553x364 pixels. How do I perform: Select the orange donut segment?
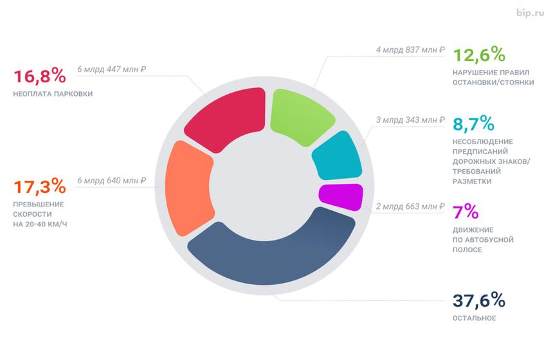click(x=188, y=188)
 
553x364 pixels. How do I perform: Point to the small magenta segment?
click(x=341, y=197)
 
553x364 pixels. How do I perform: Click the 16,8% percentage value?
click(x=39, y=76)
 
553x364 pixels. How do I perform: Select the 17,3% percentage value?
click(x=39, y=187)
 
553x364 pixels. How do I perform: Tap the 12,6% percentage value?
click(x=480, y=55)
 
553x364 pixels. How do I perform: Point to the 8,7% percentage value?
click(x=475, y=123)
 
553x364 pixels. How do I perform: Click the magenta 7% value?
click(x=466, y=212)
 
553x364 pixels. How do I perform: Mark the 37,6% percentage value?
click(x=480, y=300)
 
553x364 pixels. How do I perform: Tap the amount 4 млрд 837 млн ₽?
click(x=410, y=50)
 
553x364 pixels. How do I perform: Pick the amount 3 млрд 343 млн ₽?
click(x=410, y=120)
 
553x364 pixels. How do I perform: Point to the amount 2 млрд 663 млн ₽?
click(x=410, y=206)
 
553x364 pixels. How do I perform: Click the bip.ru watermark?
click(x=530, y=12)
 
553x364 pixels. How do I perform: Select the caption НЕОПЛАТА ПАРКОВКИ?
click(x=53, y=94)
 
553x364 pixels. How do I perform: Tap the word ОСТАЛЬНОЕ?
click(x=475, y=318)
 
